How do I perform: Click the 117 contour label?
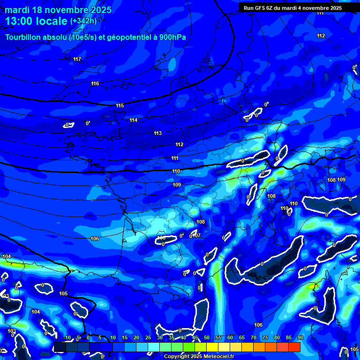point(77,59)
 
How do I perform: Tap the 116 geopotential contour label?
point(95,83)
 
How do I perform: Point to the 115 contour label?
point(120,105)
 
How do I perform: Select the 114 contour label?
point(134,120)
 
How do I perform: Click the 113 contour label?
point(158,133)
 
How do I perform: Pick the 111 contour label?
point(175,158)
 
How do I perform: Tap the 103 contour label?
point(12,331)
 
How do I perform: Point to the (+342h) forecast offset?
point(83,21)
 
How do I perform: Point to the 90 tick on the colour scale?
point(300,337)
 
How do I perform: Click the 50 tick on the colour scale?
point(207,337)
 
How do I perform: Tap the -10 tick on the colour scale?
point(67,337)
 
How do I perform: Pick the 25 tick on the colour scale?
point(148,337)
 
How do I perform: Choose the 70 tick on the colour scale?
point(254,337)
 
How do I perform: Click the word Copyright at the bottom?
point(177,357)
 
